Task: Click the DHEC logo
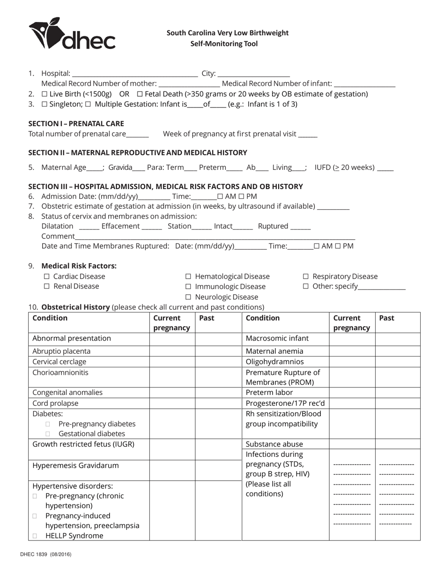(x=72, y=34)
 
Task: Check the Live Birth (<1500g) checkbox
(x=44, y=94)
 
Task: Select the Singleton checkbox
(x=44, y=104)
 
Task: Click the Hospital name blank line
(x=135, y=74)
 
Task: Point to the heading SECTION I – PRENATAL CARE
(x=76, y=123)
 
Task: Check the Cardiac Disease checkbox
(x=46, y=277)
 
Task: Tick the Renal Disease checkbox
(x=46, y=287)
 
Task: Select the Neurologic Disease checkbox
(x=188, y=297)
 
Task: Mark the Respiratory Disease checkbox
(x=306, y=277)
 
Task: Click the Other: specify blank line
(x=382, y=287)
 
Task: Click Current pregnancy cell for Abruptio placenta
(x=172, y=351)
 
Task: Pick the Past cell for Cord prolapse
(x=218, y=403)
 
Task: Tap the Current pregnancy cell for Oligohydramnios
(x=352, y=362)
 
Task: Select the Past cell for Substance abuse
(x=398, y=444)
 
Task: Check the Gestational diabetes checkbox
(x=48, y=434)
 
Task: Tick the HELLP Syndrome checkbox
(x=35, y=536)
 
